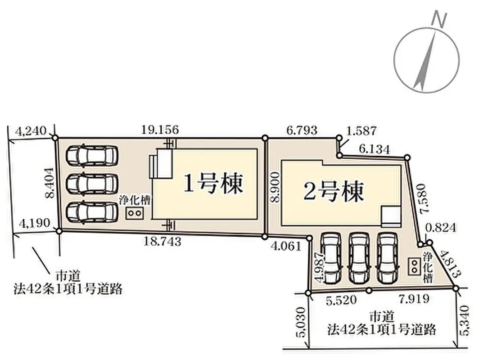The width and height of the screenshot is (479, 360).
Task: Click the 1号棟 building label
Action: pyautogui.click(x=213, y=184)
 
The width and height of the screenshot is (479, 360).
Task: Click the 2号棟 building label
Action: pyautogui.click(x=334, y=191)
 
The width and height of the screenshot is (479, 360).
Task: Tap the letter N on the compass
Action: pyautogui.click(x=438, y=20)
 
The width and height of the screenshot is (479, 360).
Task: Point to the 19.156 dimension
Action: pyautogui.click(x=160, y=130)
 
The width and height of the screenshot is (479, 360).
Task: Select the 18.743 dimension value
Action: pyautogui.click(x=163, y=242)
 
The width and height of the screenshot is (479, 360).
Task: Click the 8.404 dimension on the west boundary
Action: pyautogui.click(x=50, y=182)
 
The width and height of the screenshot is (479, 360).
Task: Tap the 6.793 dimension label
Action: pyautogui.click(x=302, y=130)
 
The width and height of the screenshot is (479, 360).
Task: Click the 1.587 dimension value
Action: pyautogui.click(x=362, y=131)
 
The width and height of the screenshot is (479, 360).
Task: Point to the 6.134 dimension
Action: pyautogui.click(x=375, y=149)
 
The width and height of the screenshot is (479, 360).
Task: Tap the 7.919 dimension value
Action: pyautogui.click(x=414, y=299)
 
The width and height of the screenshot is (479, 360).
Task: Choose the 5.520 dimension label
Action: pyautogui.click(x=341, y=300)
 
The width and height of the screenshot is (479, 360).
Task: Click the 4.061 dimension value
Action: pyautogui.click(x=286, y=246)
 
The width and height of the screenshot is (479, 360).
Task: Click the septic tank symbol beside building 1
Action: pyautogui.click(x=135, y=213)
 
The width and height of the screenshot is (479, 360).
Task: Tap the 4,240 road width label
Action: pyautogui.click(x=31, y=131)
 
